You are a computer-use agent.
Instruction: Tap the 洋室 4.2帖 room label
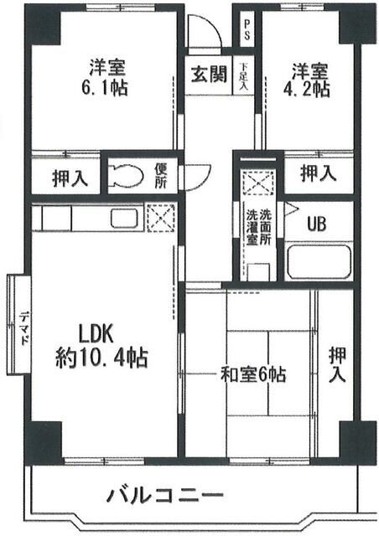pyautogui.click(x=310, y=76)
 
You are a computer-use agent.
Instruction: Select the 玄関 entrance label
pyautogui.click(x=208, y=74)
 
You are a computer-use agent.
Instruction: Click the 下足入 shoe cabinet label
pyautogui.click(x=243, y=75)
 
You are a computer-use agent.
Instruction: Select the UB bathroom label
pyautogui.click(x=316, y=224)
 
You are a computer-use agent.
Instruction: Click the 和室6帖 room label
pyautogui.click(x=252, y=374)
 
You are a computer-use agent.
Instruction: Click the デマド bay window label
pyautogui.click(x=24, y=323)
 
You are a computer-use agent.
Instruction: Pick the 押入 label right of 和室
pyautogui.click(x=336, y=364)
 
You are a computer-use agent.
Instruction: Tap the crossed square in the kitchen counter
pyautogui.click(x=158, y=217)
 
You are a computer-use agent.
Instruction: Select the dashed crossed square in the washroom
pyautogui.click(x=256, y=180)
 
